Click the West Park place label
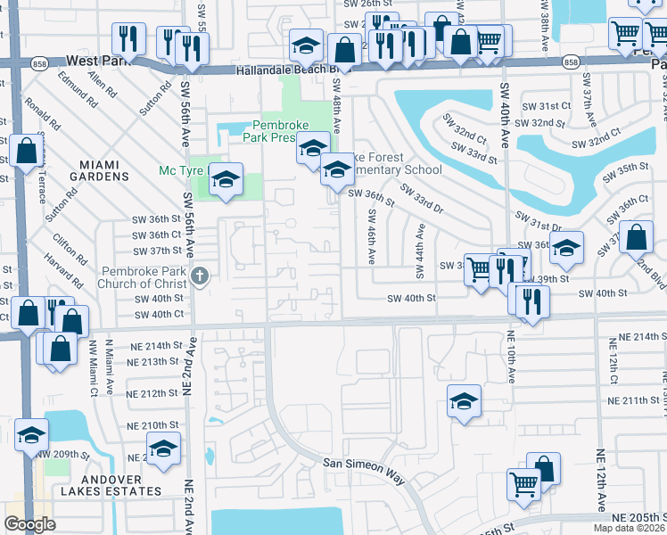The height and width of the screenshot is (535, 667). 95,61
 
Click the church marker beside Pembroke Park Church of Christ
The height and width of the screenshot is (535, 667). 200,276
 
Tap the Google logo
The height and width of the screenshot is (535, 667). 29,524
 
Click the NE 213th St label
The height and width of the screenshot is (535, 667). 153,362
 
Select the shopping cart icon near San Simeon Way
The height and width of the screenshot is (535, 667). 524,485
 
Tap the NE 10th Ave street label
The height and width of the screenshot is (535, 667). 512,357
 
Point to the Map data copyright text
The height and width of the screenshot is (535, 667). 630,528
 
